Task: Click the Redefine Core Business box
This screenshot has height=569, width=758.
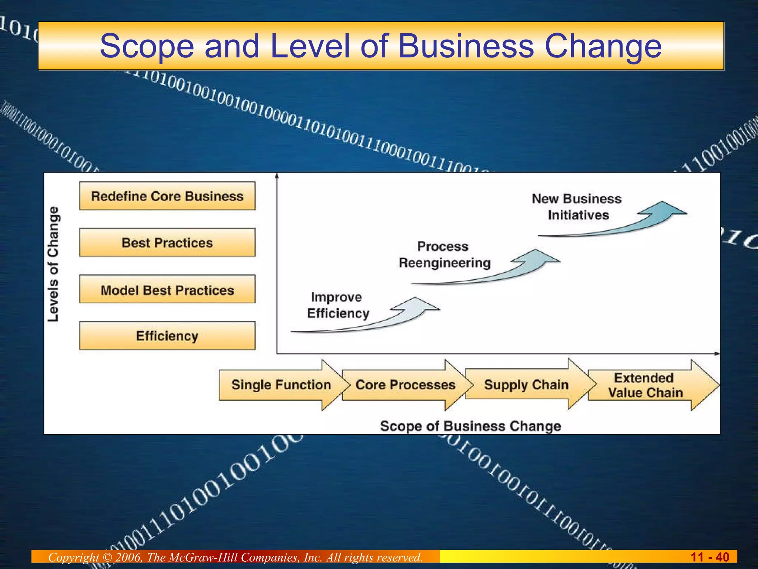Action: tap(167, 196)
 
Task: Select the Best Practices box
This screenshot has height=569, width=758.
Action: tap(167, 243)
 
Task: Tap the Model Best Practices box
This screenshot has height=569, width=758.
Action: tap(167, 290)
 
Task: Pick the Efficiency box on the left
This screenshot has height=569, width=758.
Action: tap(167, 336)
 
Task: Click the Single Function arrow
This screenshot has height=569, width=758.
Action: tap(281, 385)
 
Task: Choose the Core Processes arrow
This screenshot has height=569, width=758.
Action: tap(405, 385)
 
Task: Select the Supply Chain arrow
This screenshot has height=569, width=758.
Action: tap(526, 385)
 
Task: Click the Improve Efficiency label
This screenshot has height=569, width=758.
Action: tap(338, 305)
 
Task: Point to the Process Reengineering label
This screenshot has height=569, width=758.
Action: tap(444, 255)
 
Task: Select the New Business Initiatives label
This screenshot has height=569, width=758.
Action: tap(577, 207)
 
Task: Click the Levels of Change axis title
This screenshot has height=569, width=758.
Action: tap(53, 264)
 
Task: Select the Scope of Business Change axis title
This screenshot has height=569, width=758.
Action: tap(470, 426)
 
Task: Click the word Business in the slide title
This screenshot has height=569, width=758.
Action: tap(466, 46)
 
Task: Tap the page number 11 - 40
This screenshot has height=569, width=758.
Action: tap(710, 557)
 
